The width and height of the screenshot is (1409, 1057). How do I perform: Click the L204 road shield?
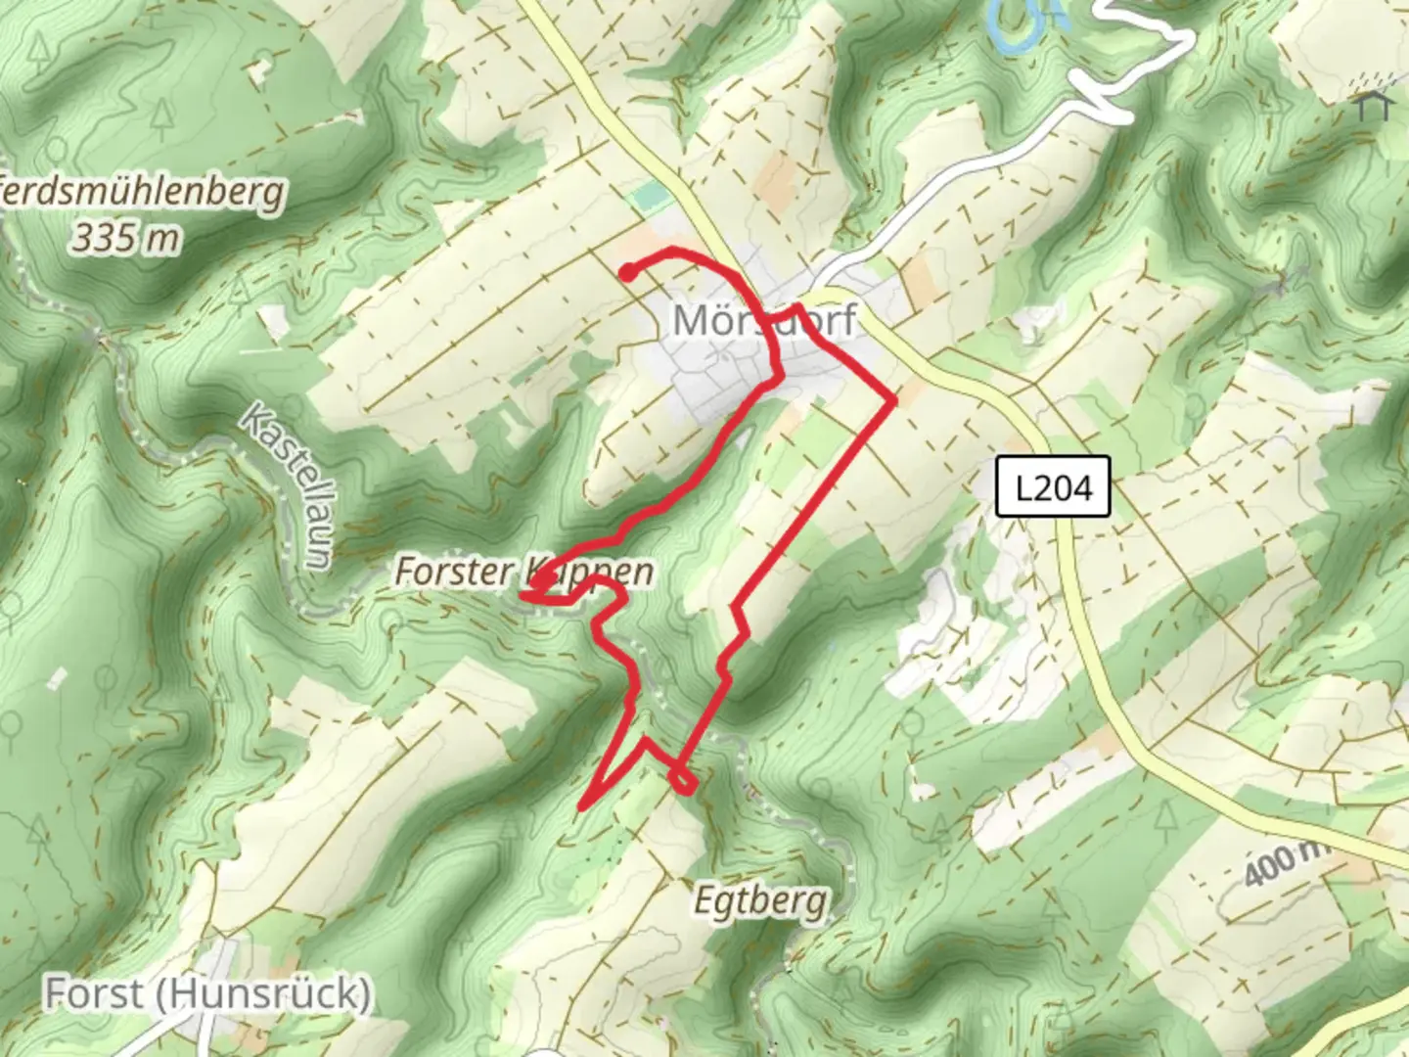[x=1053, y=486]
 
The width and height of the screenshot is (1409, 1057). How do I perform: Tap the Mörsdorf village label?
[x=764, y=320]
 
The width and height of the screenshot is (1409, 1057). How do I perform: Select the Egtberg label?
[x=760, y=899]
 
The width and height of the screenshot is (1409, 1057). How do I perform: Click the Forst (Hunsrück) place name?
[x=207, y=993]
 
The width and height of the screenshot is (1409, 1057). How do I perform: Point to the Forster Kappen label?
[x=523, y=571]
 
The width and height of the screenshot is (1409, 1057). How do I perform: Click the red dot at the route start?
[x=626, y=273]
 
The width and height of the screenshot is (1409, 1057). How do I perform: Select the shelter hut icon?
[x=1374, y=104]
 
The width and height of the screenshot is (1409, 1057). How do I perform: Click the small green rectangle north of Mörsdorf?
[x=646, y=198]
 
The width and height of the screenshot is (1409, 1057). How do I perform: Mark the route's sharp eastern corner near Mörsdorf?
[x=892, y=400]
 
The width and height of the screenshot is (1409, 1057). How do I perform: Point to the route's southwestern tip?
[x=582, y=807]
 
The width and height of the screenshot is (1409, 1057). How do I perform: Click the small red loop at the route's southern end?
[x=683, y=781]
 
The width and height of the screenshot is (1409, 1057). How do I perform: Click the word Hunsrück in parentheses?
[x=262, y=993]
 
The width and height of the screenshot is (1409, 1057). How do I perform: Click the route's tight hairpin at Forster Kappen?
[x=528, y=591]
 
